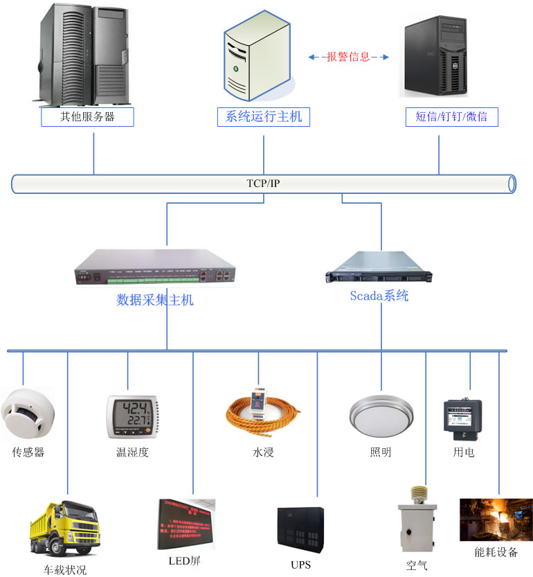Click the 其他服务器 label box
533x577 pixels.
point(87,117)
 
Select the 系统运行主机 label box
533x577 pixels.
point(263,117)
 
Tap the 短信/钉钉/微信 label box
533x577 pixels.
point(451,117)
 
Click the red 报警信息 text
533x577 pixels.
point(348,57)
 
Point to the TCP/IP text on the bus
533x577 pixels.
point(264,184)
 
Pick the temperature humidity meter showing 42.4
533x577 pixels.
point(132,416)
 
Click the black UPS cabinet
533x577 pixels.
point(300,530)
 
